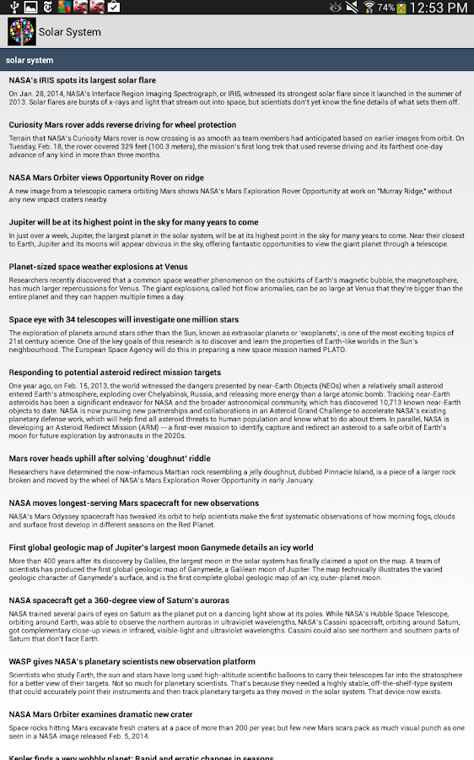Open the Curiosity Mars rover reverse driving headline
pyautogui.click(x=122, y=124)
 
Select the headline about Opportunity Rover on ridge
pyautogui.click(x=106, y=177)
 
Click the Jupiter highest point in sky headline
pyautogui.click(x=133, y=222)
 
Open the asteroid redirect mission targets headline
pyautogui.click(x=115, y=372)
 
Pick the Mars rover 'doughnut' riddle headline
pyautogui.click(x=110, y=458)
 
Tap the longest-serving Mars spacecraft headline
pyautogui.click(x=133, y=502)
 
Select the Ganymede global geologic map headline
pyautogui.click(x=160, y=547)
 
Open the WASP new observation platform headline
pyautogui.click(x=132, y=661)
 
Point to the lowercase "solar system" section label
pyautogui.click(x=30, y=60)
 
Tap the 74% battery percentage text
pyautogui.click(x=385, y=8)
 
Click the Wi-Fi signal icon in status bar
pyautogui.click(x=369, y=8)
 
